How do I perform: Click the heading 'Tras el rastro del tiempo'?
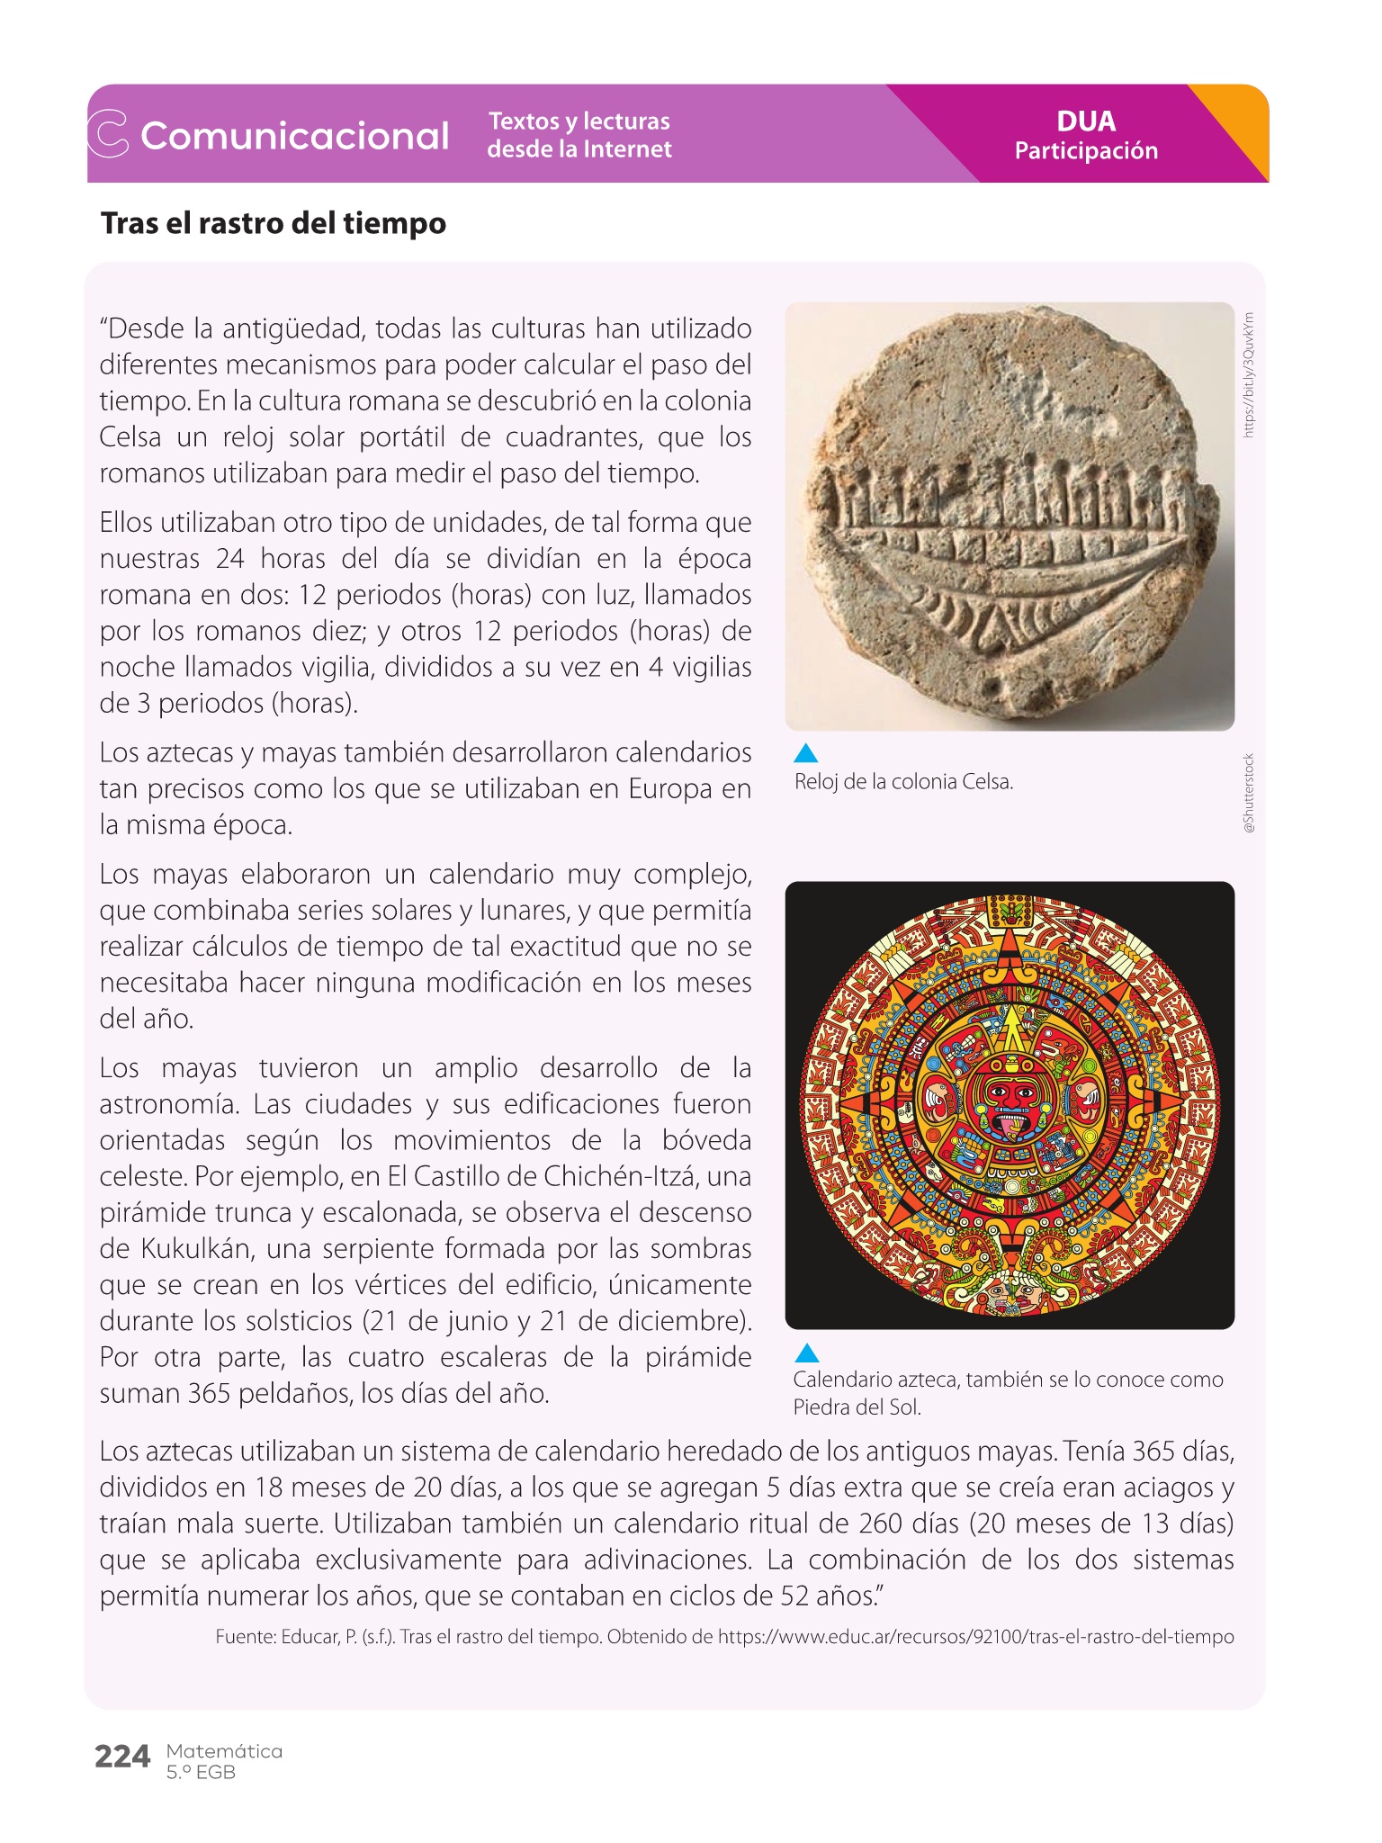tap(273, 223)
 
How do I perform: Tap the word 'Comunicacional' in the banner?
tap(294, 136)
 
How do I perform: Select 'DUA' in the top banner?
tap(1085, 121)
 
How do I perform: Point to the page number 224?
tap(122, 1756)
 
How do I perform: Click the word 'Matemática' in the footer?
tap(224, 1751)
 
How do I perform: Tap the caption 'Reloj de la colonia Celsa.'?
tap(903, 782)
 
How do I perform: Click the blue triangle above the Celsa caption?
tap(806, 753)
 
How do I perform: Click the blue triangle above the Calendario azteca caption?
tap(807, 1353)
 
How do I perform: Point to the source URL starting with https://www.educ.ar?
tap(975, 1636)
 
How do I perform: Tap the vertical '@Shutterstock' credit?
tap(1249, 792)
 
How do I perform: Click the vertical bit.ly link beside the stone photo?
tap(1249, 374)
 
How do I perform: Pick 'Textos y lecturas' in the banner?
tap(579, 121)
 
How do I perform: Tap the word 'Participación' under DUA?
tap(1086, 150)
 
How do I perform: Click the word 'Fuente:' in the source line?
tap(246, 1636)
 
